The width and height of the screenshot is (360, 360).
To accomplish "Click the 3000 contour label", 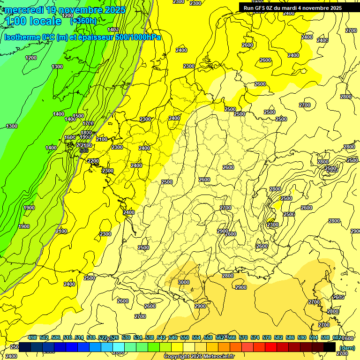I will pos(184,282).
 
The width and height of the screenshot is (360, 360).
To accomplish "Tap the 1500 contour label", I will pos(78,116).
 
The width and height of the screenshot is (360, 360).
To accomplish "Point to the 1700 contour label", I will pos(88,123).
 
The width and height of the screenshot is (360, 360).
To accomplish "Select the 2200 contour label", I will pos(93,161).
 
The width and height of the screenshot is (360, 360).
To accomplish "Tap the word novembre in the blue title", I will pos(78,10).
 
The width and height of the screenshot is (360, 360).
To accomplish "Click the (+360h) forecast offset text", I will pos(83,21).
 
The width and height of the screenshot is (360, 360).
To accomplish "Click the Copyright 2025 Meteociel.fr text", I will pos(199,357).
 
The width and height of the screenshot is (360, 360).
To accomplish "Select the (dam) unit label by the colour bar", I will pos(347,347).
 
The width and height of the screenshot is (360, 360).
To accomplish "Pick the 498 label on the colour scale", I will pos(32,337).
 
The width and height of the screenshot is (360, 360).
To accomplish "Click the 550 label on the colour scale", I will pos(185,337).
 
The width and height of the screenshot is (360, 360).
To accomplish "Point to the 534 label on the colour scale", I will pos(138,337).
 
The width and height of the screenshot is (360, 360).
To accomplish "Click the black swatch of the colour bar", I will pos(330,347).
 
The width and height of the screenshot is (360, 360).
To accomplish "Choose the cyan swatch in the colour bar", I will pos(119,347).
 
